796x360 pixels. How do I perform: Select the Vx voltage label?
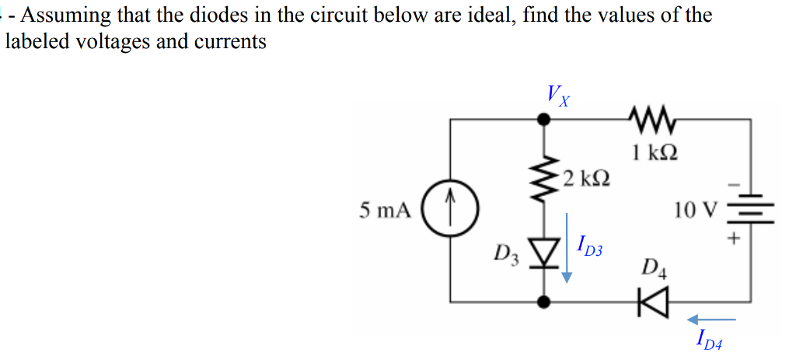point(557,96)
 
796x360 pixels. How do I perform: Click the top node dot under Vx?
point(545,120)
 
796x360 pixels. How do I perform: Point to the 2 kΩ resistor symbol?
point(545,180)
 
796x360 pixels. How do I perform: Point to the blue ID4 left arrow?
point(710,318)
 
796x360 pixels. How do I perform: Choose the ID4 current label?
point(709,338)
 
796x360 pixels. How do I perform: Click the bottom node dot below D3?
point(545,301)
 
